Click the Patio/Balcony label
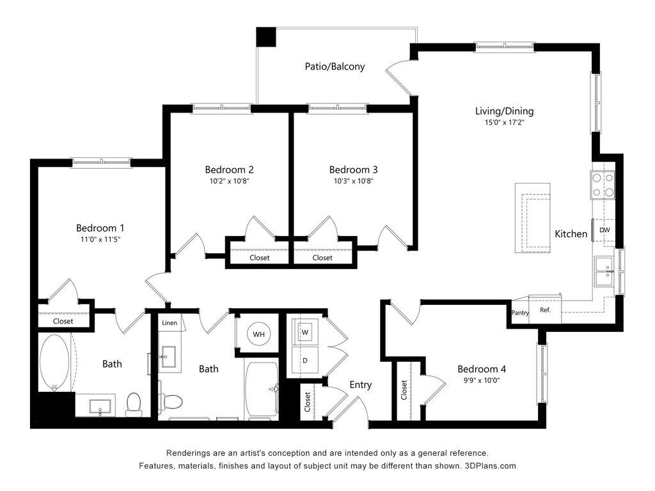tap(335, 66)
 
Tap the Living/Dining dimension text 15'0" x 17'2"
tap(504, 123)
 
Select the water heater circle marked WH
tap(258, 334)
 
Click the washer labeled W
tap(305, 332)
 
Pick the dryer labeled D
tap(305, 361)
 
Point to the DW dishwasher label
tap(604, 230)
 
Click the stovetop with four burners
tap(603, 185)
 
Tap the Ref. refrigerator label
tap(545, 310)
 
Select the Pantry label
tap(520, 312)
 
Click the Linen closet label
tap(170, 323)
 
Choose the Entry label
tap(361, 385)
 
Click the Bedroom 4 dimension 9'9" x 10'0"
tap(482, 380)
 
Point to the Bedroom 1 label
tap(100, 228)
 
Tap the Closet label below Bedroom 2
tap(260, 258)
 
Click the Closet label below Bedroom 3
tap(322, 258)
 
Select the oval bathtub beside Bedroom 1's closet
tap(54, 362)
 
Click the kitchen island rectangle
tap(532, 218)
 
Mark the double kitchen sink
tap(604, 271)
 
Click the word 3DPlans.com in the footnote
tap(490, 466)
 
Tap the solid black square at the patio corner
tap(266, 36)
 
